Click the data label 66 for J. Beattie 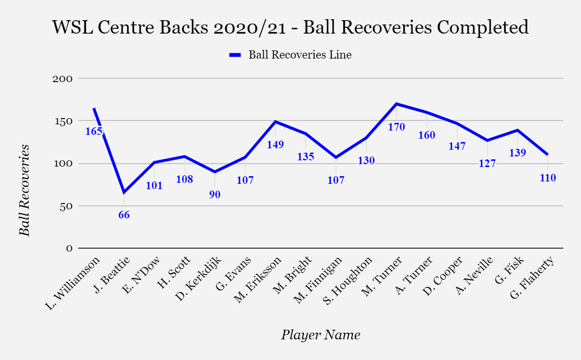(124, 215)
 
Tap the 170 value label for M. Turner (396, 127)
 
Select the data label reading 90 (215, 194)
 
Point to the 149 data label (276, 144)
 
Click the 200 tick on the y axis (62, 79)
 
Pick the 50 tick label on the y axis (66, 206)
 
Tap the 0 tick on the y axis (69, 249)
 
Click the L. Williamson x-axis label (73, 283)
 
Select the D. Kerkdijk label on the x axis (198, 279)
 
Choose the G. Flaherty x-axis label (532, 277)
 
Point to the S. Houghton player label (348, 281)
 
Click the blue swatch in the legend (235, 55)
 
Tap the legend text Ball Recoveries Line (300, 55)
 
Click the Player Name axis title (321, 335)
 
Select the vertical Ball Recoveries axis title (24, 190)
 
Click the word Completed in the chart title (483, 27)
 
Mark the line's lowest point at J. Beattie (124, 192)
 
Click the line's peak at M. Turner (396, 104)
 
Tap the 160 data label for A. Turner (427, 135)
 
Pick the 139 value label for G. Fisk (518, 153)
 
